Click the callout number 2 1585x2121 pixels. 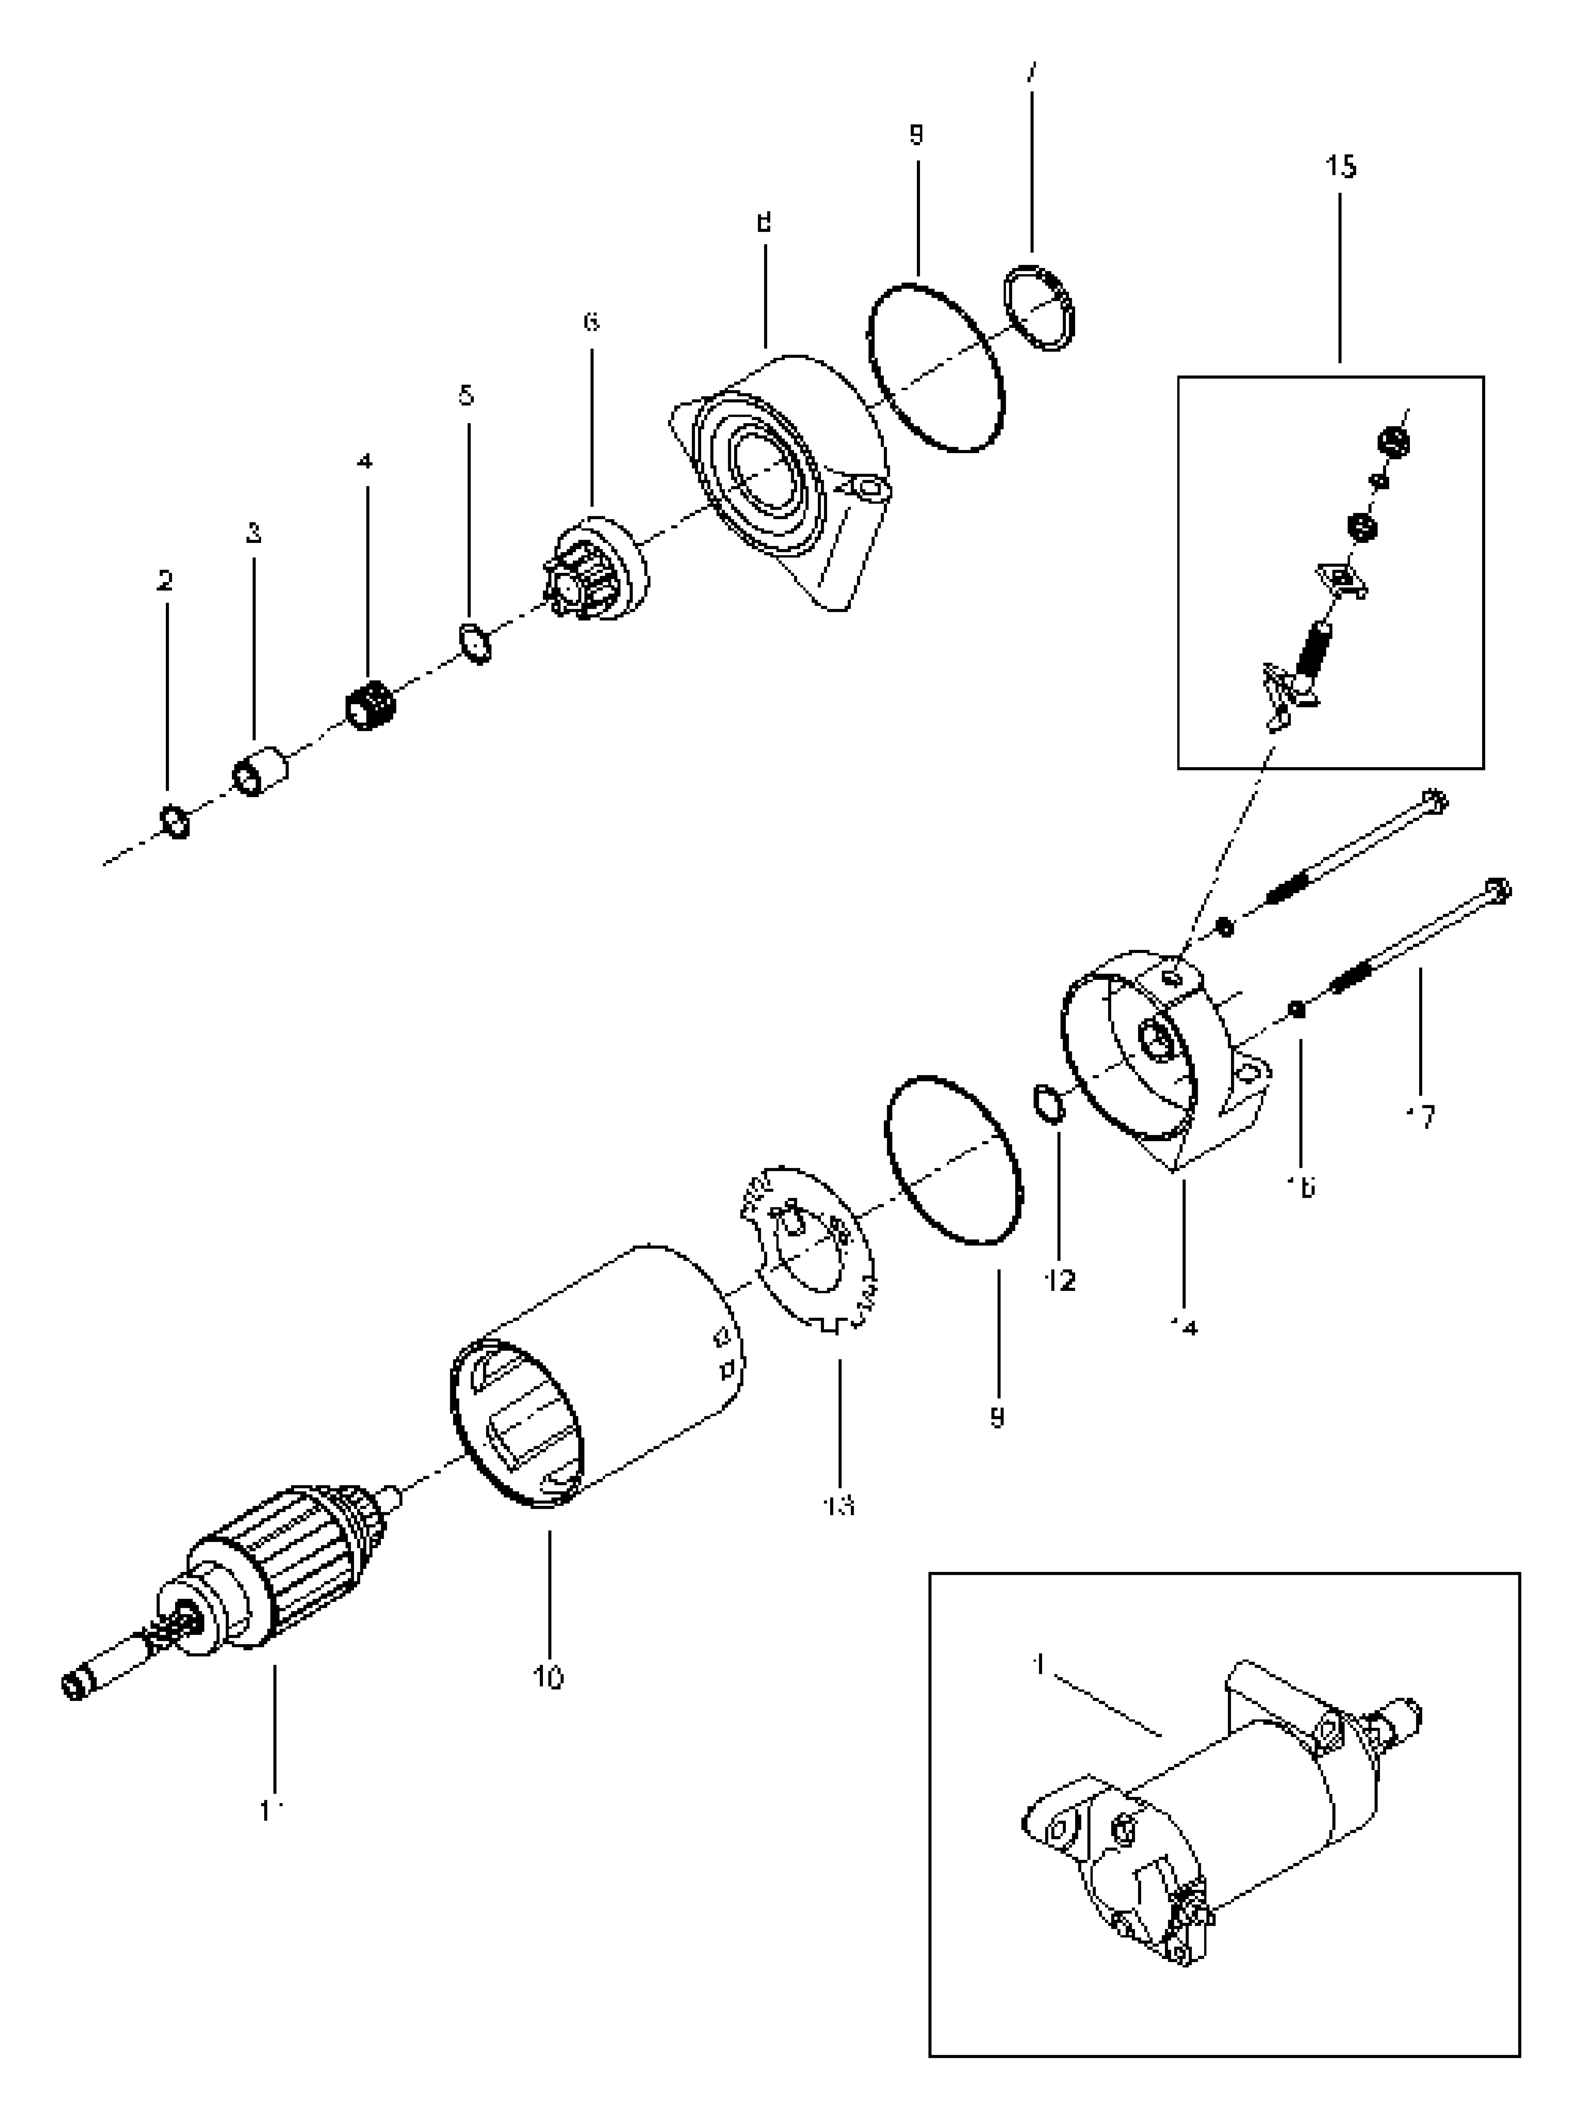pos(165,580)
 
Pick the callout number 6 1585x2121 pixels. pos(591,321)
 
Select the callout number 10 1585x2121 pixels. pos(548,1677)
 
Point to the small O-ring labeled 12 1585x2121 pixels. pos(1049,1104)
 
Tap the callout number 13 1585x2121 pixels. pos(839,1505)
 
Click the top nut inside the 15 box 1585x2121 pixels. pos(1392,442)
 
